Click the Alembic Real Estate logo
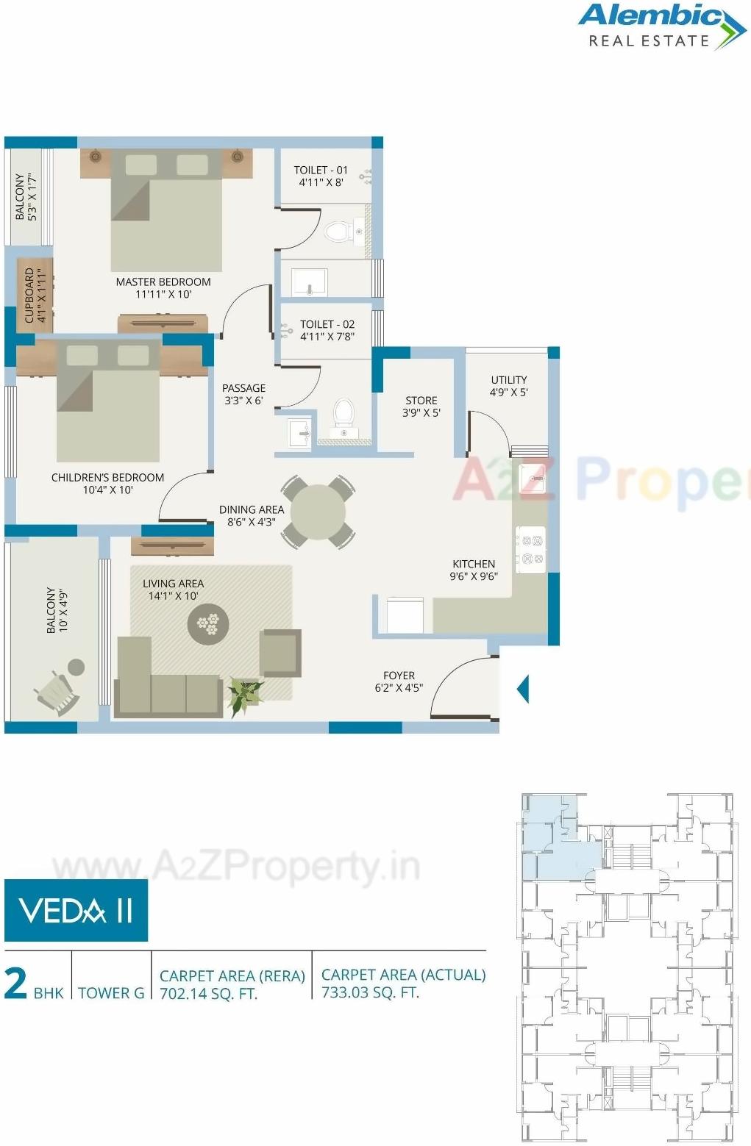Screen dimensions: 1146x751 (x=661, y=26)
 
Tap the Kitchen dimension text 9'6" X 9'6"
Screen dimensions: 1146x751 (x=474, y=577)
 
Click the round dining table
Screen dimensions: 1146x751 (x=318, y=512)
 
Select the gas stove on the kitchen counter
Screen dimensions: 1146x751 (x=530, y=550)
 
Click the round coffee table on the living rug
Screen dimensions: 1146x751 (x=208, y=625)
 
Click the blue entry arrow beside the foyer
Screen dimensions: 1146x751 (x=523, y=689)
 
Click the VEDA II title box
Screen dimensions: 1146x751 (x=76, y=911)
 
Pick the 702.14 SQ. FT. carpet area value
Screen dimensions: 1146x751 (x=208, y=995)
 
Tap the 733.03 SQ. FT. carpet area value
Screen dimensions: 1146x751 (x=370, y=992)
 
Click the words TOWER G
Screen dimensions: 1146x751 (x=111, y=993)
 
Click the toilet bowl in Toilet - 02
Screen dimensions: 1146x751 (x=344, y=412)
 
